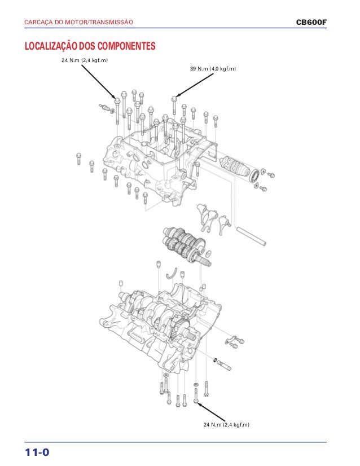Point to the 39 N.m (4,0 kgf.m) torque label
point(214,69)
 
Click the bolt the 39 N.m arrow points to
point(174,102)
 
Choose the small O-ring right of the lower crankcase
point(216,359)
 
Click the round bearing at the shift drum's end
point(262,175)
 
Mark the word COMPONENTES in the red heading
point(125,46)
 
